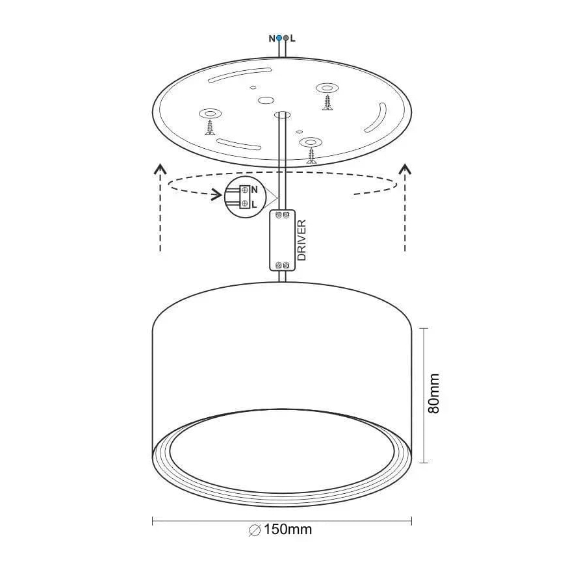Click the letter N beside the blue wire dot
(272, 38)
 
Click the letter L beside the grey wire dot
(293, 38)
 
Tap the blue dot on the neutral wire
(279, 38)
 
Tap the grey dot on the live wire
(286, 38)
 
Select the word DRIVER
(301, 240)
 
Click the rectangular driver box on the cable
(283, 240)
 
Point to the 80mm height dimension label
(434, 394)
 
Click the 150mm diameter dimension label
(281, 530)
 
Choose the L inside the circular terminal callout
(254, 203)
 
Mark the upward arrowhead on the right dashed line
(405, 170)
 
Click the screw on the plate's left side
(210, 127)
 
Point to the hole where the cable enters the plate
(283, 115)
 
